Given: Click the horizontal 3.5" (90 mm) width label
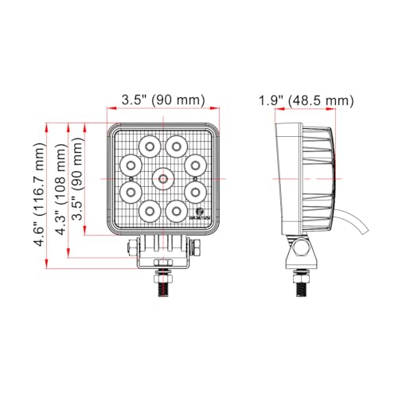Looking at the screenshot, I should click(x=163, y=100).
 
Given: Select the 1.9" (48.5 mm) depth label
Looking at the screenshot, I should click(x=306, y=100).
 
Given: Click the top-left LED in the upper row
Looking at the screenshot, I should click(x=150, y=145).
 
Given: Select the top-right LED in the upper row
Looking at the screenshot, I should click(x=177, y=145).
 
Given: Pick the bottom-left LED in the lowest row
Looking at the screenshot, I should click(x=150, y=209).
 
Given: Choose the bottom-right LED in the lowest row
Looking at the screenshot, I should click(x=177, y=209).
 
